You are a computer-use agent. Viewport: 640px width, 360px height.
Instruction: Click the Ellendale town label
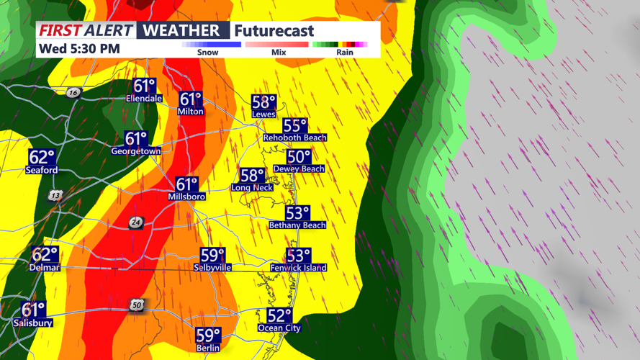click(x=144, y=99)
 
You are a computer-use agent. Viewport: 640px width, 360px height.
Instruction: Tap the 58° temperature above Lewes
click(x=263, y=102)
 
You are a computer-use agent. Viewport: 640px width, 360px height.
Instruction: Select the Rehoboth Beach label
click(x=294, y=138)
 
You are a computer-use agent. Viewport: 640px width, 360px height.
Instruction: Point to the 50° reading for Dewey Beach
click(x=298, y=156)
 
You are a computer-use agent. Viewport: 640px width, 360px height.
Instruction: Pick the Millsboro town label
click(x=186, y=197)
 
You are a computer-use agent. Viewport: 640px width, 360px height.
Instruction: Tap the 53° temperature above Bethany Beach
click(x=297, y=213)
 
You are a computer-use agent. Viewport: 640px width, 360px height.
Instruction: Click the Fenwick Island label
click(x=297, y=268)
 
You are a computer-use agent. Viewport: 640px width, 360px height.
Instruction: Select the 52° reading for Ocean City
click(x=279, y=315)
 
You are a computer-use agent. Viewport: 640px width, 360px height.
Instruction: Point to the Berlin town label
click(x=208, y=348)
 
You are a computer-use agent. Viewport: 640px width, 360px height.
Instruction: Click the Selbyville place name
click(x=212, y=267)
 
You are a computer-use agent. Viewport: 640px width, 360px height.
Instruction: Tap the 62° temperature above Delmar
click(x=45, y=254)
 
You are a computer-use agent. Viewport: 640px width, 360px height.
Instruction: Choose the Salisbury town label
click(x=33, y=323)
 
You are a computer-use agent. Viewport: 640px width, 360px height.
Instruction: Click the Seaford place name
click(x=42, y=171)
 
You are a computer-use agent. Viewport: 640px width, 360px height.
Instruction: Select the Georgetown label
click(x=135, y=151)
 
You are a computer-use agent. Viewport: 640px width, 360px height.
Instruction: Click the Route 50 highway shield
click(x=137, y=306)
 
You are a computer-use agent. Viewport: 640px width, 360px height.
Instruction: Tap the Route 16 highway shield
click(x=73, y=93)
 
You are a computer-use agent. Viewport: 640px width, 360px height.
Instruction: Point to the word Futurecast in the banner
click(x=274, y=31)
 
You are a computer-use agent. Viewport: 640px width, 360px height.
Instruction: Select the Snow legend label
click(x=207, y=52)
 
